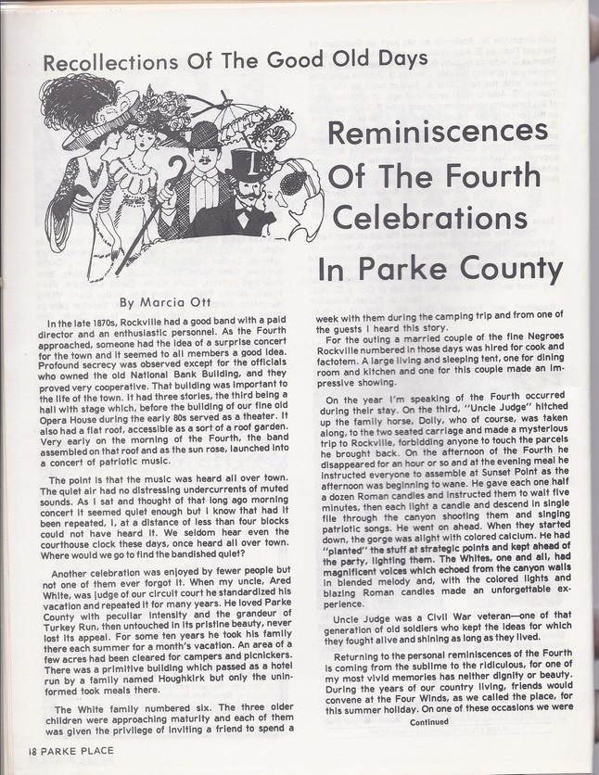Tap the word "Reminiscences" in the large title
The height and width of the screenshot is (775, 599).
tap(438, 132)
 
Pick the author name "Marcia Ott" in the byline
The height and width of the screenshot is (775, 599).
tap(176, 301)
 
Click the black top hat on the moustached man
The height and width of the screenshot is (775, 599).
tap(247, 164)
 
